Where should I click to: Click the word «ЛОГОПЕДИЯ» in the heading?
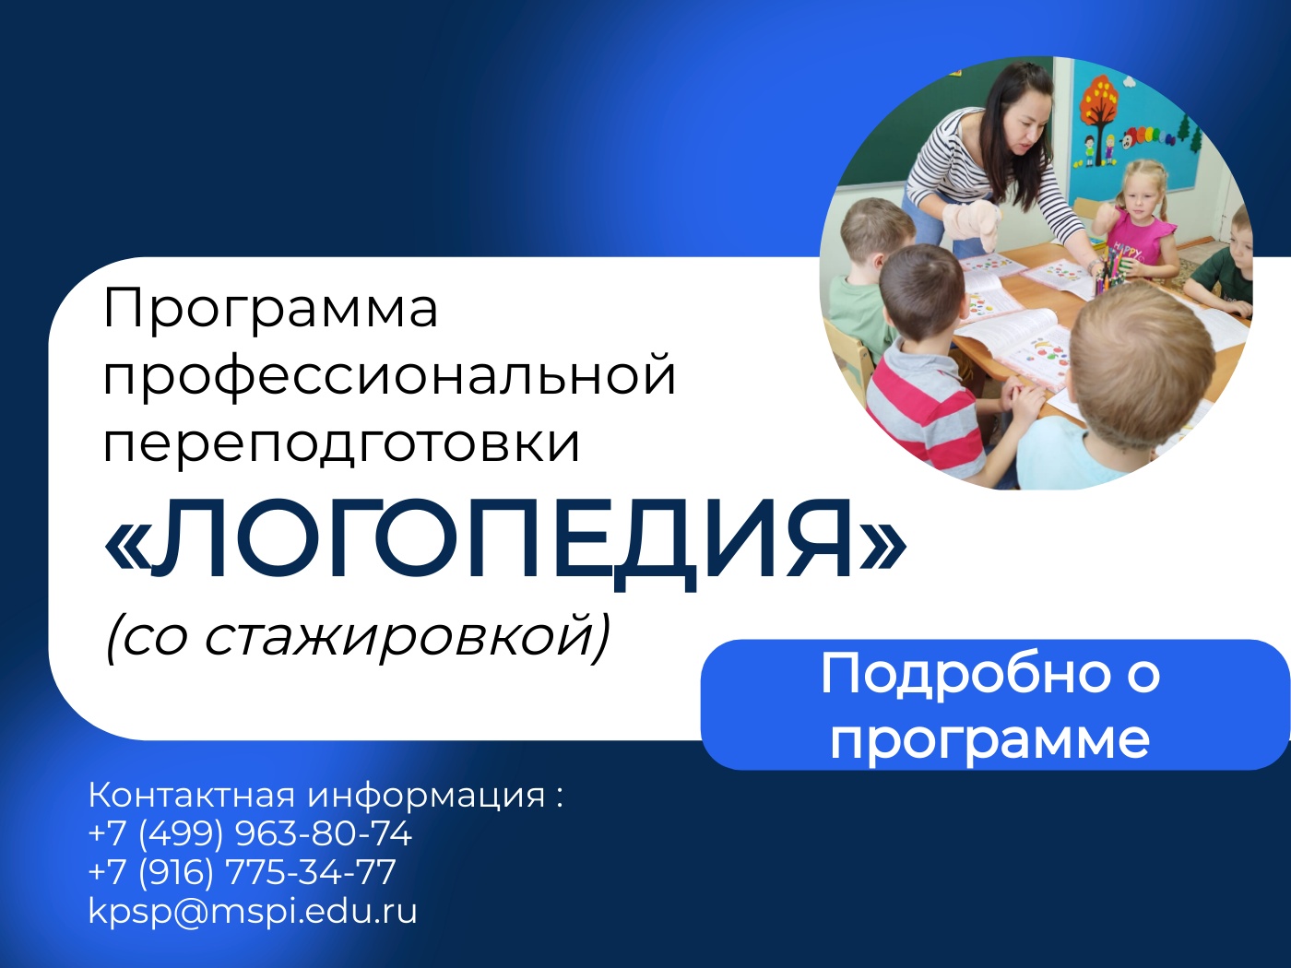coord(504,545)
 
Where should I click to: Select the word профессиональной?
coord(390,377)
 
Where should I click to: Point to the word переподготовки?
coord(342,443)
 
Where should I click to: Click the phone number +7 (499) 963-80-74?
coord(250,833)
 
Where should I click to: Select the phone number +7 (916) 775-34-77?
coord(243,871)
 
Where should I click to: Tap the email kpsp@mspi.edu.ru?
coord(253,911)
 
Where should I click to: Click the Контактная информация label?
coord(316,796)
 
